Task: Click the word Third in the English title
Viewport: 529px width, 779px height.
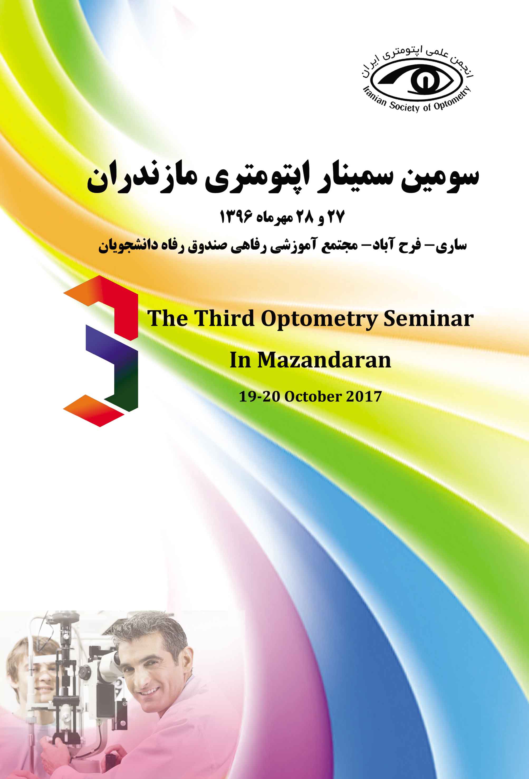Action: click(x=224, y=318)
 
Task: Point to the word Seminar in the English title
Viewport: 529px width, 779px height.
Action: click(x=429, y=318)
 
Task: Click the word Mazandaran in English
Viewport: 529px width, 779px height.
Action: click(x=324, y=360)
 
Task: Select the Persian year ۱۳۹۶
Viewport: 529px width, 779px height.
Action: click(x=236, y=217)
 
